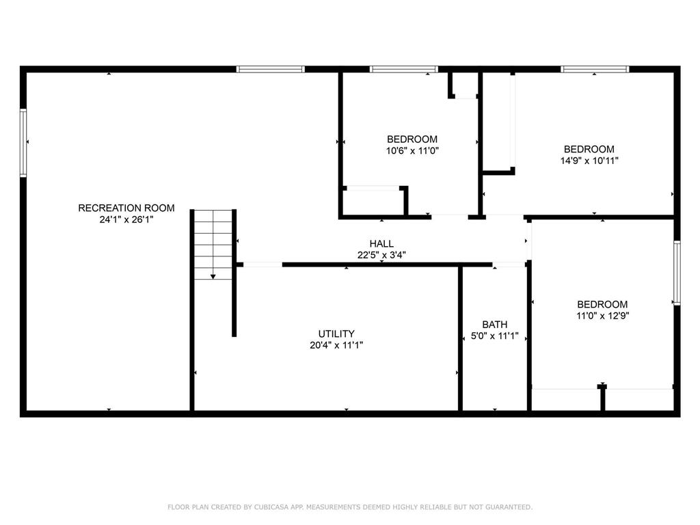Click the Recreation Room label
click(126, 208)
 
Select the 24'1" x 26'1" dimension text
click(126, 219)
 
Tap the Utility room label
click(336, 334)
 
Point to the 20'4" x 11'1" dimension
click(336, 345)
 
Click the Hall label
click(381, 243)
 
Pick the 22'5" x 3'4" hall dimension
click(381, 255)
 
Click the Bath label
click(494, 324)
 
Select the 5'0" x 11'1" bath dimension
click(494, 336)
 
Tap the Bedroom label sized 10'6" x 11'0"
click(412, 139)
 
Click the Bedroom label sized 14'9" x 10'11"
click(589, 149)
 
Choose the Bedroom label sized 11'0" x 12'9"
click(602, 304)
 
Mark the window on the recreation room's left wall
click(23, 143)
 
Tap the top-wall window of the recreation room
click(271, 69)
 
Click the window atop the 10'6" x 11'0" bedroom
click(403, 69)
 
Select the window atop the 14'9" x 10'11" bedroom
click(595, 69)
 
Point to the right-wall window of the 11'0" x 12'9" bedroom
click(677, 273)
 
